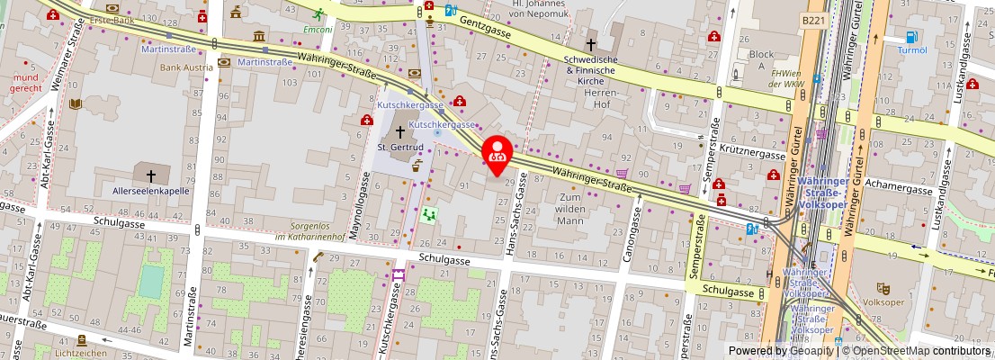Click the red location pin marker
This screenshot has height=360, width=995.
coord(497,152)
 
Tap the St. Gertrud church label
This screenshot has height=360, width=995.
coord(394,147)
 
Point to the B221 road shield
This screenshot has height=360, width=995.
coord(812,20)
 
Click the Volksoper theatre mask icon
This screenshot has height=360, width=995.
coord(883,287)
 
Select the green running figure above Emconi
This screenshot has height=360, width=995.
coord(318,14)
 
